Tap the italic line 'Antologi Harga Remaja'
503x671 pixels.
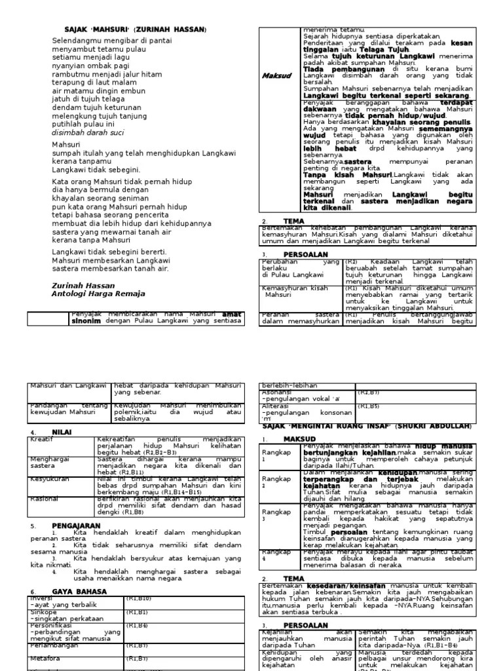click(98, 294)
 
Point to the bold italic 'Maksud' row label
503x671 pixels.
click(276, 76)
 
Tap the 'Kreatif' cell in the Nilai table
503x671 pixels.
click(41, 440)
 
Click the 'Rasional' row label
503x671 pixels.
click(45, 499)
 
